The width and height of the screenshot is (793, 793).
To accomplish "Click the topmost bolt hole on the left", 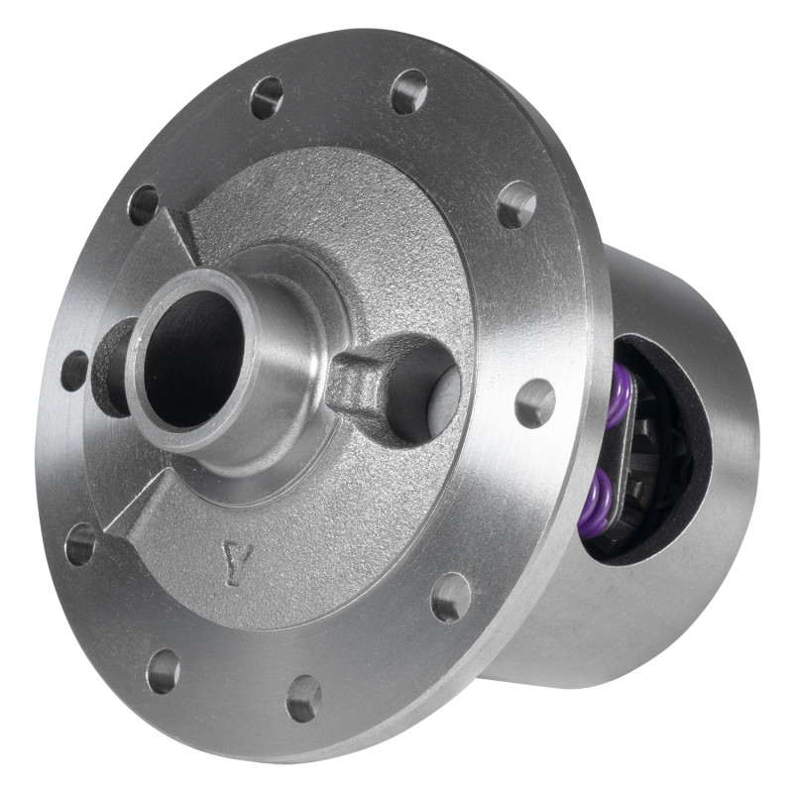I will tap(267, 97).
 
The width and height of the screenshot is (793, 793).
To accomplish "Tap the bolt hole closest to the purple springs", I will tap(535, 402).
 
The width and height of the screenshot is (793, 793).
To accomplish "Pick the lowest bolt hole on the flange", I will tap(303, 698).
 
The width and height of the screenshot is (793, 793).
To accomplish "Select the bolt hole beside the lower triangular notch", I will tap(80, 544).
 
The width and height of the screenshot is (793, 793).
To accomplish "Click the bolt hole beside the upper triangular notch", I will tap(144, 204).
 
